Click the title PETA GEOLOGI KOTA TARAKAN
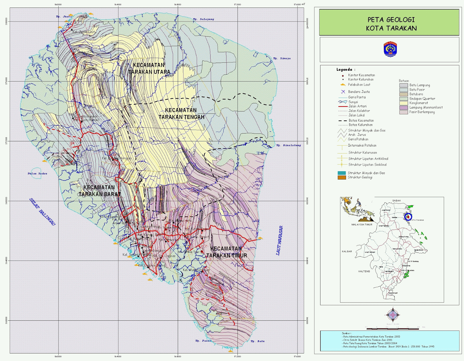click(x=391, y=24)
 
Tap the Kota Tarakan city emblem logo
click(x=390, y=49)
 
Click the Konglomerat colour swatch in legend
click(x=403, y=103)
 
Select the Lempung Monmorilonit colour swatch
click(x=403, y=108)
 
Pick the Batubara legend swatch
click(x=403, y=94)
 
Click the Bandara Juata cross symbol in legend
click(x=343, y=92)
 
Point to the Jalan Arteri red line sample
click(x=343, y=107)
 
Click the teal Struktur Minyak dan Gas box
click(x=342, y=173)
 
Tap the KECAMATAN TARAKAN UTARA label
click(x=149, y=68)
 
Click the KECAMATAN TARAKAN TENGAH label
click(x=181, y=114)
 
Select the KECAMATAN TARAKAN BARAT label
click(x=99, y=191)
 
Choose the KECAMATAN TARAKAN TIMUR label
click(x=226, y=252)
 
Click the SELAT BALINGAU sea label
click(x=42, y=212)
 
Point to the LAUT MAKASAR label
click(x=279, y=241)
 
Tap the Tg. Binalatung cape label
click(x=288, y=145)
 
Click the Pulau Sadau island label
click(x=37, y=174)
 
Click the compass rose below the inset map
click(x=393, y=315)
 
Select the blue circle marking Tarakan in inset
click(x=408, y=216)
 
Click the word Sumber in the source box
click(x=346, y=333)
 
